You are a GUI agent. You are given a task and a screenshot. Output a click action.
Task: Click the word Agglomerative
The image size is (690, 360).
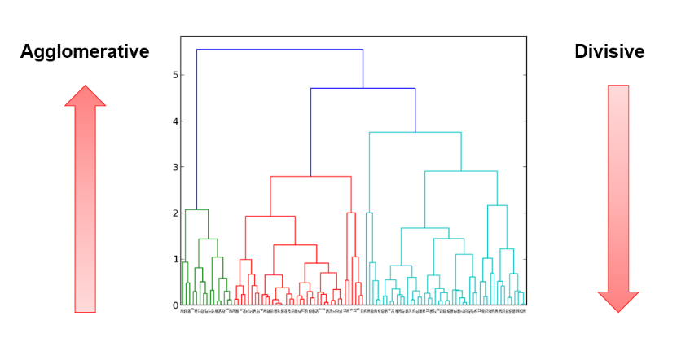[85, 52]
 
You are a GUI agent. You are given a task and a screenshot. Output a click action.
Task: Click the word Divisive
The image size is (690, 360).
[609, 52]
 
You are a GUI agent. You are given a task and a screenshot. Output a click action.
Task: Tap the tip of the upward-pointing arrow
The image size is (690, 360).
[86, 86]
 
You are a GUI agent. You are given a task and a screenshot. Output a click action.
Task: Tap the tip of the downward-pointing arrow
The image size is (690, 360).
[618, 311]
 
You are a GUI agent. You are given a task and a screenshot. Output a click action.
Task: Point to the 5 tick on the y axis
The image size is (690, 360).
[175, 76]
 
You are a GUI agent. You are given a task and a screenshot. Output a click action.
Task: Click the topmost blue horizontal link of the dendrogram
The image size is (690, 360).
[279, 50]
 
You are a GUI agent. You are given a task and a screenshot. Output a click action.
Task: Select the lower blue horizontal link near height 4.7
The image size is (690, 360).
[363, 88]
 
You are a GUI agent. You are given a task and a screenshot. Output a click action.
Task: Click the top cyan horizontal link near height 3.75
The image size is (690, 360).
[415, 132]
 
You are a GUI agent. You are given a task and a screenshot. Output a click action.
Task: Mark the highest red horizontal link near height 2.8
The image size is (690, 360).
[310, 176]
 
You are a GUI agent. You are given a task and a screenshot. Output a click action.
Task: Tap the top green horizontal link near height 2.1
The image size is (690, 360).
[196, 209]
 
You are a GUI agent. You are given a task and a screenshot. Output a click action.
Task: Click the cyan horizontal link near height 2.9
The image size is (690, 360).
[460, 171]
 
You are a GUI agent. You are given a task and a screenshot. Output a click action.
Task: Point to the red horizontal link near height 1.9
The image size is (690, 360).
[270, 216]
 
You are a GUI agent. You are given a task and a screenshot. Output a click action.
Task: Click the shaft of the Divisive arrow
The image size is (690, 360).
[618, 187]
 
